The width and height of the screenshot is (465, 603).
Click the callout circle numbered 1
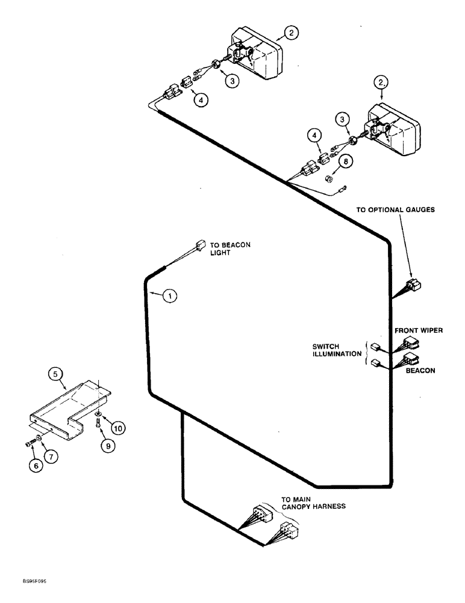tap(170, 295)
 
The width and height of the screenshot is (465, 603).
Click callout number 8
tap(345, 161)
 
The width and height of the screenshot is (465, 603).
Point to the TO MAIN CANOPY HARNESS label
tap(313, 503)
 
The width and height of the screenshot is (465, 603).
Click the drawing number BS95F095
tap(31, 582)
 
